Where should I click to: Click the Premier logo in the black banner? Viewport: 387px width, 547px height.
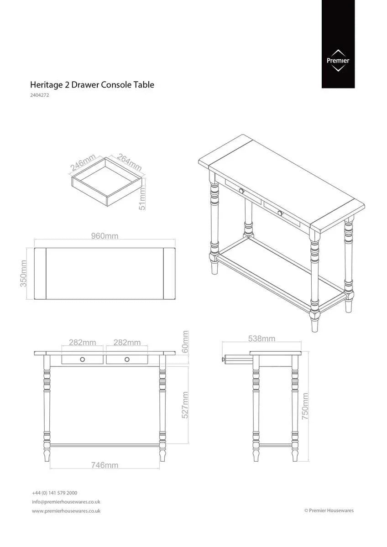[x=338, y=61]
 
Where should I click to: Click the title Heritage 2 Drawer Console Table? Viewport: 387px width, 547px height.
[x=92, y=85]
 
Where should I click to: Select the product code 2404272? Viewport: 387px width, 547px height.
[x=40, y=96]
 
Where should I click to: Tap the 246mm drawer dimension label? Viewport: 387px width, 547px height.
[x=83, y=162]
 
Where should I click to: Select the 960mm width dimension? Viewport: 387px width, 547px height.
[x=105, y=236]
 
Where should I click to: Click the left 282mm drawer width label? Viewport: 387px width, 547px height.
[x=82, y=342]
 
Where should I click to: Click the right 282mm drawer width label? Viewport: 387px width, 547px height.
[x=127, y=342]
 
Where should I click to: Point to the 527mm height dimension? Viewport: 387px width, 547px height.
[x=185, y=405]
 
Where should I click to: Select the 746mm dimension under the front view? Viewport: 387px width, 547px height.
[x=105, y=465]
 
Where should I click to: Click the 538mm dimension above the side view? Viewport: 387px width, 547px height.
[x=261, y=339]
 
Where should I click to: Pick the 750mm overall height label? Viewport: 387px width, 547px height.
[x=305, y=406]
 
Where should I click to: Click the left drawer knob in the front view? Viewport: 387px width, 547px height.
[x=83, y=360]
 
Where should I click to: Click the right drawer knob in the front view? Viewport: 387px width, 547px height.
[x=127, y=360]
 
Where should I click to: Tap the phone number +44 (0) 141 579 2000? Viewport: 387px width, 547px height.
[x=54, y=493]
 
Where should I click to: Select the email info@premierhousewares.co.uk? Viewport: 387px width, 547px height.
[x=66, y=502]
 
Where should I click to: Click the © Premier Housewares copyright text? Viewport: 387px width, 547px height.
[x=329, y=511]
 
